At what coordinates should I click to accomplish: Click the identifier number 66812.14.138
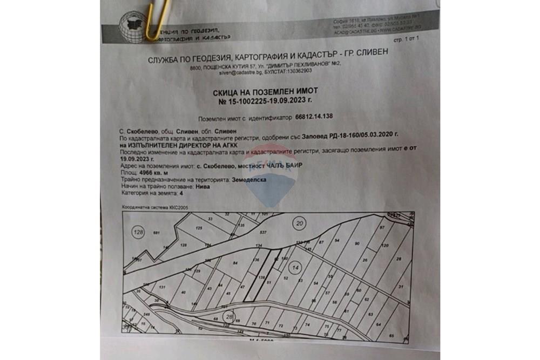(x=314, y=117)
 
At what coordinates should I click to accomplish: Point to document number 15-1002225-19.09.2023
(x=266, y=100)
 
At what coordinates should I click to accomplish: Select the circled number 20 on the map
(x=299, y=222)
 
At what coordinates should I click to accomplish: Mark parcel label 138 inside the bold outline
(x=261, y=277)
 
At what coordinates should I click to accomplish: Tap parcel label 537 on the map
(x=264, y=233)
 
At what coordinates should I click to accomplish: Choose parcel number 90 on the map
(x=357, y=244)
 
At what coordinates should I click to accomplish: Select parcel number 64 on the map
(x=378, y=324)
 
